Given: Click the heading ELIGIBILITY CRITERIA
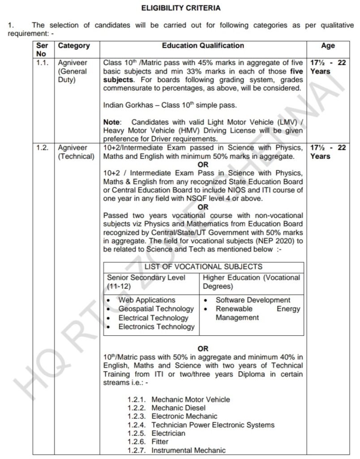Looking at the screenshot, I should click(x=181, y=8).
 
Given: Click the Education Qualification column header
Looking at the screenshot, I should click(x=203, y=46).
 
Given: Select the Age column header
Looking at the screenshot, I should click(x=328, y=46).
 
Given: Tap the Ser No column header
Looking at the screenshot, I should click(x=44, y=50).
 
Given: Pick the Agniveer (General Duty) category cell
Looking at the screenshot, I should click(x=73, y=71).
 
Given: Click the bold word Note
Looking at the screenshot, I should click(x=111, y=122).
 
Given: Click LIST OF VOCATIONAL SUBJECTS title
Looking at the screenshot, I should click(x=203, y=267).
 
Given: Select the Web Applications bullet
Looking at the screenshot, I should click(x=147, y=300).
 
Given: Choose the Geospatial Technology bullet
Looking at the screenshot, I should click(x=156, y=309).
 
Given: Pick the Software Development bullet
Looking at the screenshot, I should click(x=253, y=300).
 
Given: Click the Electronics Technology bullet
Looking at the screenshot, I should click(x=156, y=327).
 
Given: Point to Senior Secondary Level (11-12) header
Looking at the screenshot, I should click(x=146, y=281).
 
